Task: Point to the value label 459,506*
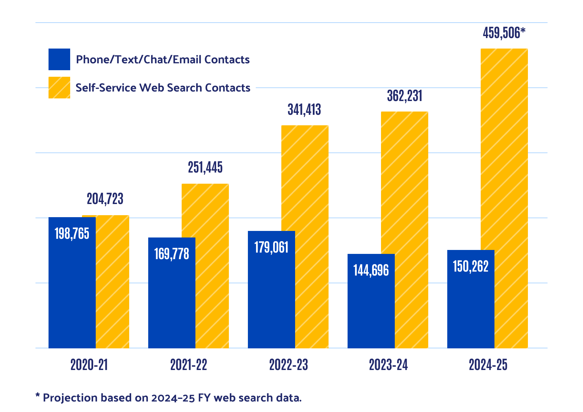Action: pos(504,33)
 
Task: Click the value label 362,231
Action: pos(405,96)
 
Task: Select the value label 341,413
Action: pos(304,110)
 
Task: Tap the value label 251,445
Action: pos(205,168)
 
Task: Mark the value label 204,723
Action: pos(105,199)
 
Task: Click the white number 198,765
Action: pos(72,234)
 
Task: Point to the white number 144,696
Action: pos(371,271)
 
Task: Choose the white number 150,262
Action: pos(471,267)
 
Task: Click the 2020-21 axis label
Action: pos(89,365)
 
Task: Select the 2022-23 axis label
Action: pos(289,365)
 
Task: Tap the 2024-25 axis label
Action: pos(488,365)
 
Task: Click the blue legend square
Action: pos(59,59)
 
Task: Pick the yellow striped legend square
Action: pos(59,88)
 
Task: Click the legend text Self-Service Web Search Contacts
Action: pos(163,88)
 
